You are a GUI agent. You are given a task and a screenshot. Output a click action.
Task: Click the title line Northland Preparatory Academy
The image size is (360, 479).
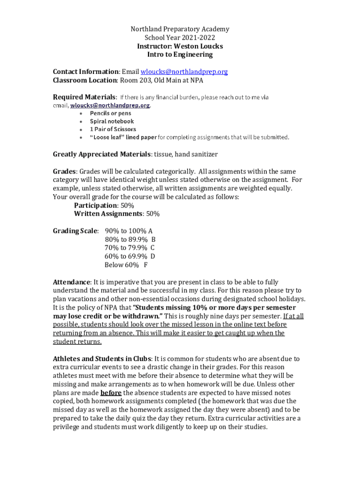click(x=180, y=29)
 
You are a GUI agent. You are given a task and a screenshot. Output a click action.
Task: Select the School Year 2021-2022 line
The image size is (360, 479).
click(x=180, y=37)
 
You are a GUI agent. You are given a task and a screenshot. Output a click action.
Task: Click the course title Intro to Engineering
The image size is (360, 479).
click(x=180, y=54)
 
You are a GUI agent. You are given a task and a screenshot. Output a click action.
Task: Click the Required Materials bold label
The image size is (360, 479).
click(x=84, y=97)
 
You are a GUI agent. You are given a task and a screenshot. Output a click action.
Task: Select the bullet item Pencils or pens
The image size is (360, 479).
click(x=110, y=113)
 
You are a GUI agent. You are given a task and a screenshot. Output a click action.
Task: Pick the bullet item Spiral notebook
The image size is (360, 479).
click(x=112, y=121)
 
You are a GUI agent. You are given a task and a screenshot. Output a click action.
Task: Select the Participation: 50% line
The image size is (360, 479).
click(x=104, y=205)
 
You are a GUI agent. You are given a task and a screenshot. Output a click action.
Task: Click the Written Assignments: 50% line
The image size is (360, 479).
click(x=116, y=214)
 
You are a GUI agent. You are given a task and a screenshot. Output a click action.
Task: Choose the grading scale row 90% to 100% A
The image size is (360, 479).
click(x=129, y=231)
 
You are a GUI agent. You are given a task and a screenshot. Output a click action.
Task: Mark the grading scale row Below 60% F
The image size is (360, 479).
click(x=126, y=265)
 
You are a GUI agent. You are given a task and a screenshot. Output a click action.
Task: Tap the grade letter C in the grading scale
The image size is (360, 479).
click(x=152, y=248)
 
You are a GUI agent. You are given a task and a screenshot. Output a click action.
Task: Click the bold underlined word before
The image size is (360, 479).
click(x=111, y=392)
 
